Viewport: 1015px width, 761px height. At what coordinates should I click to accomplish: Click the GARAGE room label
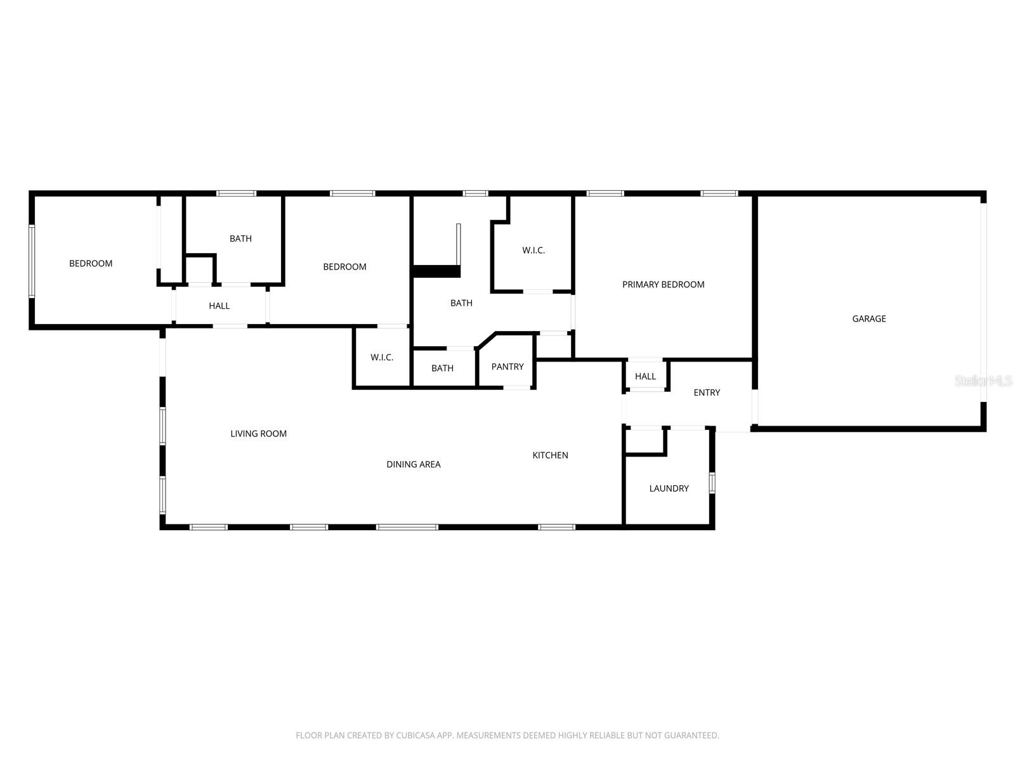tap(868, 319)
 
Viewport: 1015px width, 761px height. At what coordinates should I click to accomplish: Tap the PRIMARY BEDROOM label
tap(663, 285)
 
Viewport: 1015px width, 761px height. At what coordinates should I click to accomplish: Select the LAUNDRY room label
tap(669, 488)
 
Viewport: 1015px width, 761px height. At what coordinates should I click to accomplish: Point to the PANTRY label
tap(507, 367)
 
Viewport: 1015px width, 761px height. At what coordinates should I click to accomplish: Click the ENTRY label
tap(706, 393)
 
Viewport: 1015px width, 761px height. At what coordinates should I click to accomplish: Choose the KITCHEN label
tap(550, 455)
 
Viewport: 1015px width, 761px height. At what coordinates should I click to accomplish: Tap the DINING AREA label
tap(413, 464)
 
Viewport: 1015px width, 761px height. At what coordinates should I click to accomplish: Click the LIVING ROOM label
tap(258, 434)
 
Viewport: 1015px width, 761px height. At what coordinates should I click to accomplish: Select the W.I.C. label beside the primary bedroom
tap(534, 250)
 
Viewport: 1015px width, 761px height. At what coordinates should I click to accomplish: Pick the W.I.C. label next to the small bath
tap(382, 358)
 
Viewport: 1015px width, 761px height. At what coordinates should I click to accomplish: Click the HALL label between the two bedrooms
tap(219, 306)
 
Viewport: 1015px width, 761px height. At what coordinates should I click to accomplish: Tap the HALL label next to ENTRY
tap(645, 377)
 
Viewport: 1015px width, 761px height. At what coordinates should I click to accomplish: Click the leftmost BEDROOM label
tap(91, 263)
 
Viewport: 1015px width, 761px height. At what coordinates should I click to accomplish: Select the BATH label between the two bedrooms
tap(240, 238)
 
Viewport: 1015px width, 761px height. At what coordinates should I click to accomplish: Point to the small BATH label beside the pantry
tap(442, 368)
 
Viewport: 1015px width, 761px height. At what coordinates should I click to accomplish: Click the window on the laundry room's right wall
tap(712, 483)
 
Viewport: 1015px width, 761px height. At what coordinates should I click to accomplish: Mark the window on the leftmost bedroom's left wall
tap(31, 261)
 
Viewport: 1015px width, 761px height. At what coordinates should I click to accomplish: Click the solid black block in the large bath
tap(436, 271)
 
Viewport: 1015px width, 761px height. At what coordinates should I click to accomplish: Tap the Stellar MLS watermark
tap(983, 381)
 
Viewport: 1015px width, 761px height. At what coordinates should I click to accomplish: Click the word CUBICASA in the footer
tap(414, 736)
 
